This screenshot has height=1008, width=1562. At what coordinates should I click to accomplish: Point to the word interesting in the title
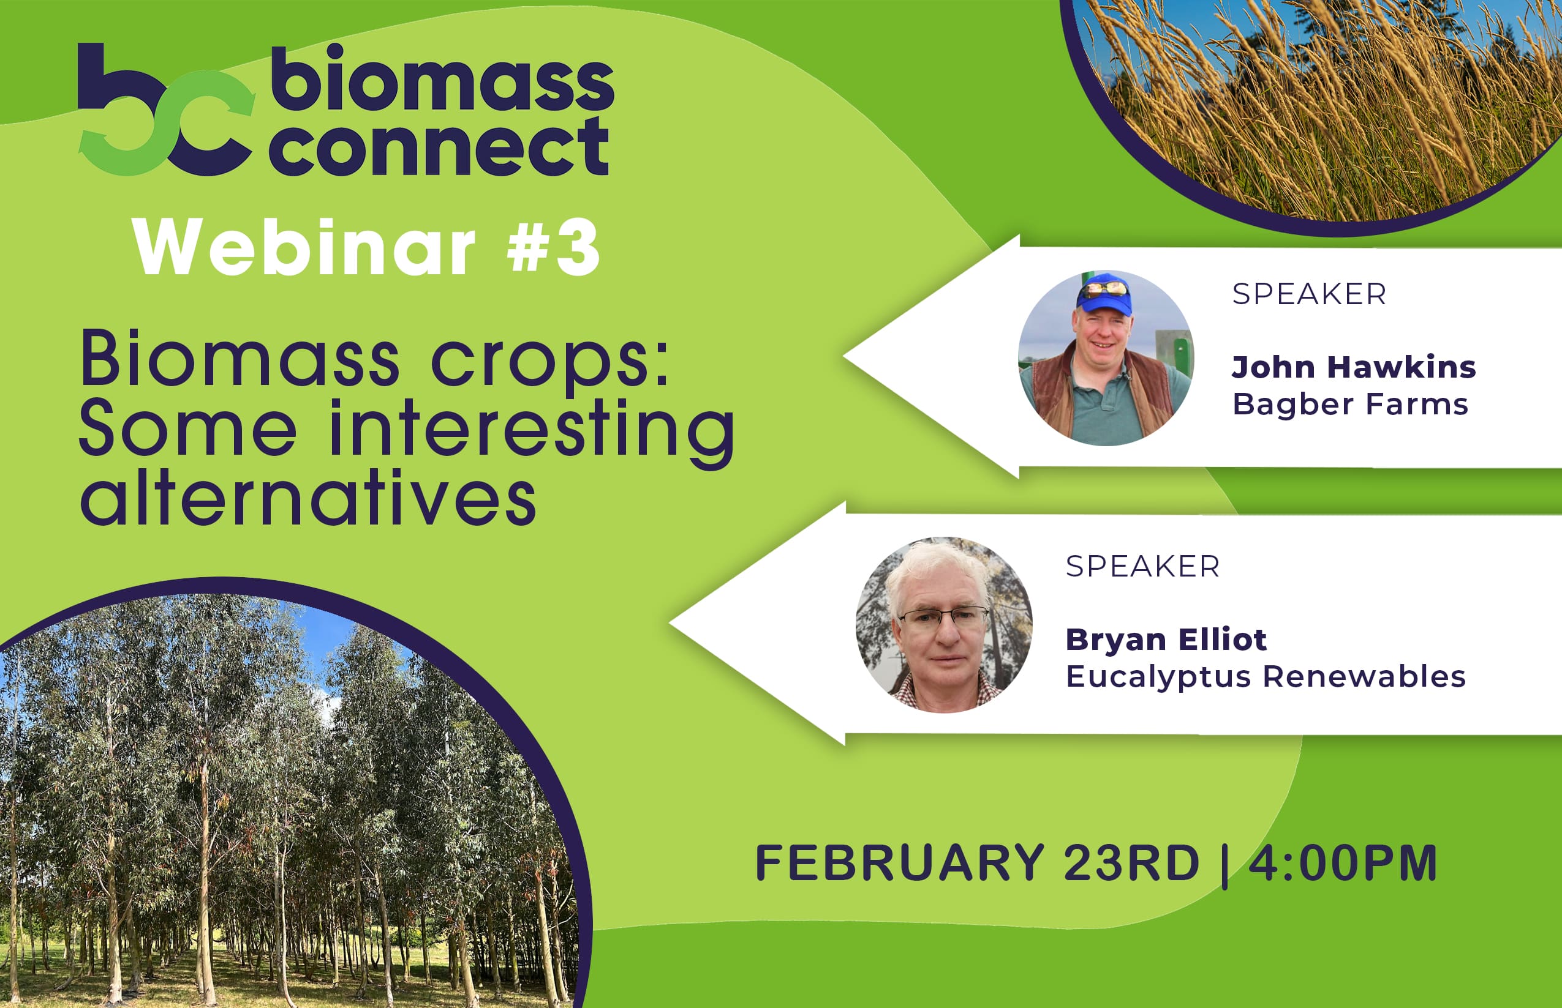tap(532, 431)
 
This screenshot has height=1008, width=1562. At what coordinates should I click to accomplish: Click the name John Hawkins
tap(1354, 367)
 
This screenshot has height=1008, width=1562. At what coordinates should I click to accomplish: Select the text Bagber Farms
tap(1351, 405)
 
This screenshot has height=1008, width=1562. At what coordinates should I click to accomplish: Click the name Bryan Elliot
tap(1166, 639)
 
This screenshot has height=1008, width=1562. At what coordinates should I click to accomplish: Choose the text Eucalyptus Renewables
tap(1266, 676)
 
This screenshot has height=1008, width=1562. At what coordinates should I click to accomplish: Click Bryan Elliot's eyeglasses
tap(944, 616)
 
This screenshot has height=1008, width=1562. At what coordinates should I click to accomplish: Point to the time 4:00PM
tap(1343, 863)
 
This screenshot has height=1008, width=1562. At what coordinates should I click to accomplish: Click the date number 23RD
tap(1131, 863)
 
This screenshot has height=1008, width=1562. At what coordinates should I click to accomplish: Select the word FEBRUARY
tap(899, 863)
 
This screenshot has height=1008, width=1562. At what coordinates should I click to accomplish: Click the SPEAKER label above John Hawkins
tap(1309, 294)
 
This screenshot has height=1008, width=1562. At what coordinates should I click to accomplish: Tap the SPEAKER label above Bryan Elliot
tap(1143, 566)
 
